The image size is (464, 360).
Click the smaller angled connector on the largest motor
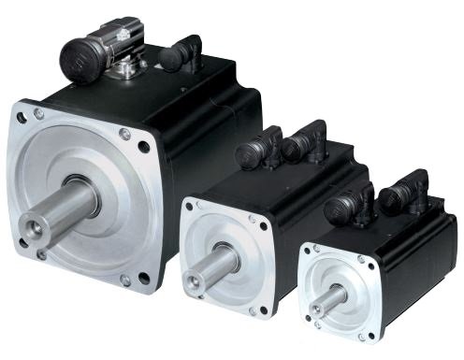coord(180,53)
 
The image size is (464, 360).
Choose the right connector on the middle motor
coord(304,143)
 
